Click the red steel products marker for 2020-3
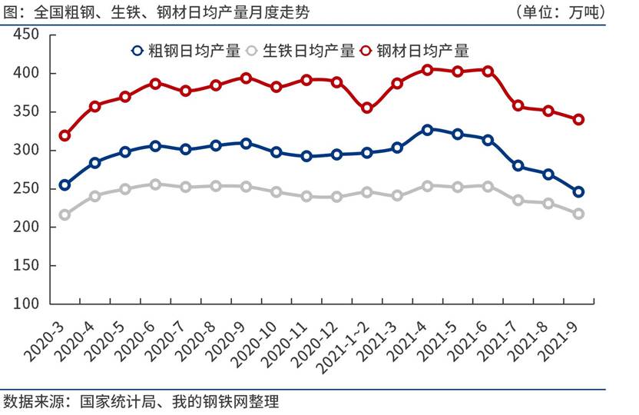65,135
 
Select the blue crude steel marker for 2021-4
427,130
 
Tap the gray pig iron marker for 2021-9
578,214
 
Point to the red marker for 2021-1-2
366,108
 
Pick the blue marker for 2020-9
246,143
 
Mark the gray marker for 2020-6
155,184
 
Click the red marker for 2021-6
488,71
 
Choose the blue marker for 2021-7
518,166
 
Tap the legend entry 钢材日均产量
415,51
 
